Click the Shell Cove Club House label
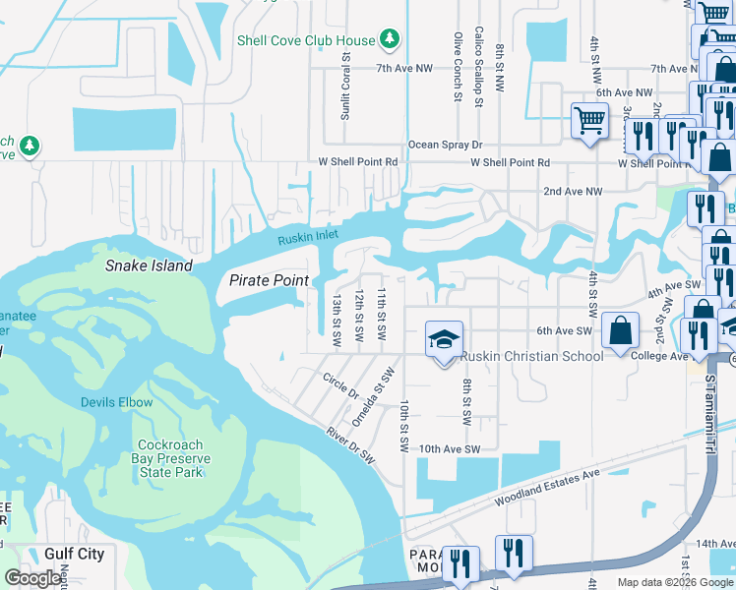coord(305,40)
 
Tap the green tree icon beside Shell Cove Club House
coord(391,39)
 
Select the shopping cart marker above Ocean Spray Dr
coord(589,122)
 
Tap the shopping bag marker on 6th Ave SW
coord(621,331)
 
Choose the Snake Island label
coord(146,265)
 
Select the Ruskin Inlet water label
coord(307,238)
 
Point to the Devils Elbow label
coord(116,403)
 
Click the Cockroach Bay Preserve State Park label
coord(170,458)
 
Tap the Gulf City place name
coord(74,554)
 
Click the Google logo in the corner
coord(32,578)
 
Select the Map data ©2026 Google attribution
coord(674,582)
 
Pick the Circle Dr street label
coord(340,385)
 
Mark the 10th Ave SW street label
coord(448,449)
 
